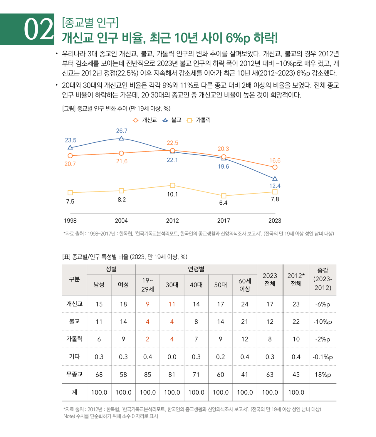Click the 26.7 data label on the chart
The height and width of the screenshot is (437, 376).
point(122,131)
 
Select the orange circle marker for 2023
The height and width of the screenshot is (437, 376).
point(275,167)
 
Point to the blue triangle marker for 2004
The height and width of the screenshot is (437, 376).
point(121,138)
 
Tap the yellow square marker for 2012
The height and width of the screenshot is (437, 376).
point(172,185)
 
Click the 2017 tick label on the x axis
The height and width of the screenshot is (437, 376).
point(223,221)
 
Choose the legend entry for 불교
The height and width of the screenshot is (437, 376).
point(172,120)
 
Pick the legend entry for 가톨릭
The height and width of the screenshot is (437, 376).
point(199,120)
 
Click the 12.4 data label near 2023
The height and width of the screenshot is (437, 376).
point(275,186)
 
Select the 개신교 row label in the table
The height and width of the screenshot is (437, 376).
point(74,304)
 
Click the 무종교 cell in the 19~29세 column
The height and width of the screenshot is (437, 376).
point(147,374)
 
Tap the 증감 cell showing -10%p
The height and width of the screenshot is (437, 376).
point(323,322)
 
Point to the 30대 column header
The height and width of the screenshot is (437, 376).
point(172,285)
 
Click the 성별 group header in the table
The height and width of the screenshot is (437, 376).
point(111,269)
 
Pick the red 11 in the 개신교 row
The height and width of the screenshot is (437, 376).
point(172,304)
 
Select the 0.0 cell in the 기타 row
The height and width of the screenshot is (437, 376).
point(172,357)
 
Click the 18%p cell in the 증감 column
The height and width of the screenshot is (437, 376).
point(323,374)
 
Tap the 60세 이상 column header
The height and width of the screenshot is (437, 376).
point(245,285)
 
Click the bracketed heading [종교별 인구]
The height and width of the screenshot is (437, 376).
point(90,22)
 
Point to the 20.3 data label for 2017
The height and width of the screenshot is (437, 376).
point(223,149)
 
